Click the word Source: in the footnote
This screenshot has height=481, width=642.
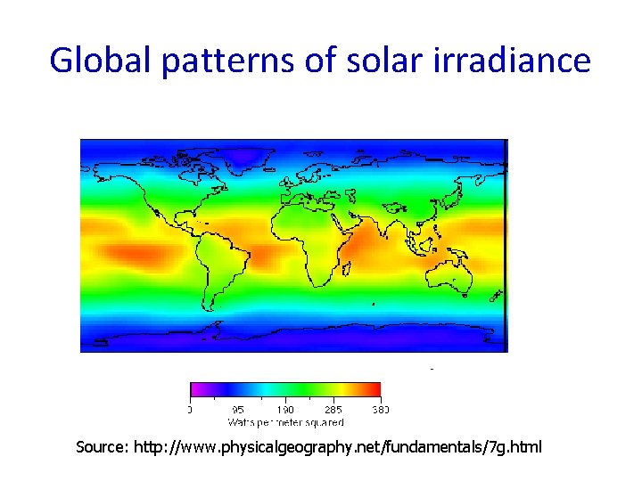(103, 446)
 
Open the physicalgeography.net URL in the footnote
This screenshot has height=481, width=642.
(337, 446)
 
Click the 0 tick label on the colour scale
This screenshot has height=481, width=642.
(191, 410)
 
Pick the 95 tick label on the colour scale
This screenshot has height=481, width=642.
(237, 410)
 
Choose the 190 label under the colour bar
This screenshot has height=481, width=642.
(285, 410)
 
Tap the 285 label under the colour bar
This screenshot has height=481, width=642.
(333, 410)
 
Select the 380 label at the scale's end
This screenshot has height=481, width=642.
(380, 410)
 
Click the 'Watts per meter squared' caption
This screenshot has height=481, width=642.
(285, 421)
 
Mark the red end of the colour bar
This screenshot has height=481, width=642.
(374, 389)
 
